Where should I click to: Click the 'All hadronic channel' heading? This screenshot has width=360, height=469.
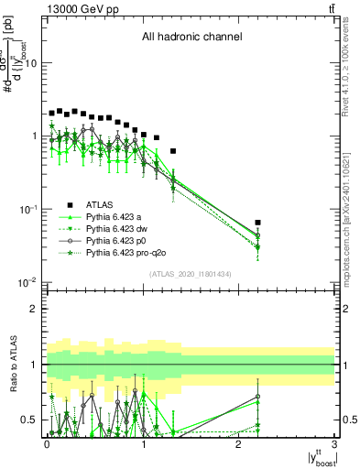click(191, 38)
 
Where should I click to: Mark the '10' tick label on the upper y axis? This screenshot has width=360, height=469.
click(32, 63)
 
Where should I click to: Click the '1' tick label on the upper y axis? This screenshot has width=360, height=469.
click(35, 136)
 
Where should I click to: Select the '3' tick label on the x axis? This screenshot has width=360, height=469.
click(335, 443)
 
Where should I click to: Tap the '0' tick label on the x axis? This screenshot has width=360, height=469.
click(47, 443)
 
